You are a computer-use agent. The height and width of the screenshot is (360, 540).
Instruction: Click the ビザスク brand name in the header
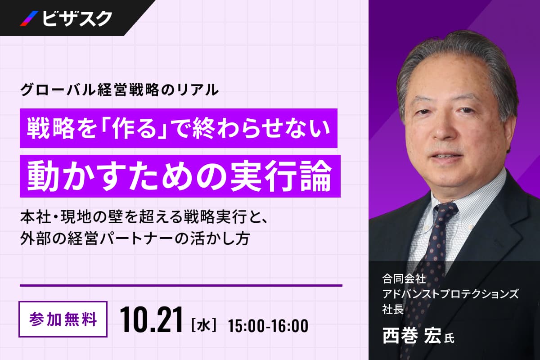tap(77, 18)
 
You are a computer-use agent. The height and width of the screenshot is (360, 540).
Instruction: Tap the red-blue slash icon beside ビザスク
tap(29, 18)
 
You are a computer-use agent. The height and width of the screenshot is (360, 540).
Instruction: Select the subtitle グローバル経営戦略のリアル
tap(120, 90)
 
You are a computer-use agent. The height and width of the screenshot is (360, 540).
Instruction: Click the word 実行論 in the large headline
tap(281, 176)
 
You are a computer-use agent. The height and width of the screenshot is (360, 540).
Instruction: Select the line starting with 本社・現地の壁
tap(144, 218)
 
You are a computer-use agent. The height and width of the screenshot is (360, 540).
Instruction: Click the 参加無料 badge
tap(63, 319)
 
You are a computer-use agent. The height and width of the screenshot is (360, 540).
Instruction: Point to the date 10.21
tap(151, 320)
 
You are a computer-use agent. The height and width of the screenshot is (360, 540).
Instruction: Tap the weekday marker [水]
tap(203, 325)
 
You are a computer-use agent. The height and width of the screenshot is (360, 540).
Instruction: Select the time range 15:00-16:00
tap(268, 326)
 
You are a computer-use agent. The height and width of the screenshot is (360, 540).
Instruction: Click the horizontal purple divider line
tap(181, 285)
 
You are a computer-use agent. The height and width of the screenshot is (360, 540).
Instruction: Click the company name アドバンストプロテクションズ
tap(450, 295)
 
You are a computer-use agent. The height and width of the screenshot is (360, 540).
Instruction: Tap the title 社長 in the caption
tap(393, 309)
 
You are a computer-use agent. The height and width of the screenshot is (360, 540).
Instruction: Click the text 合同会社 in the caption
tap(404, 279)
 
